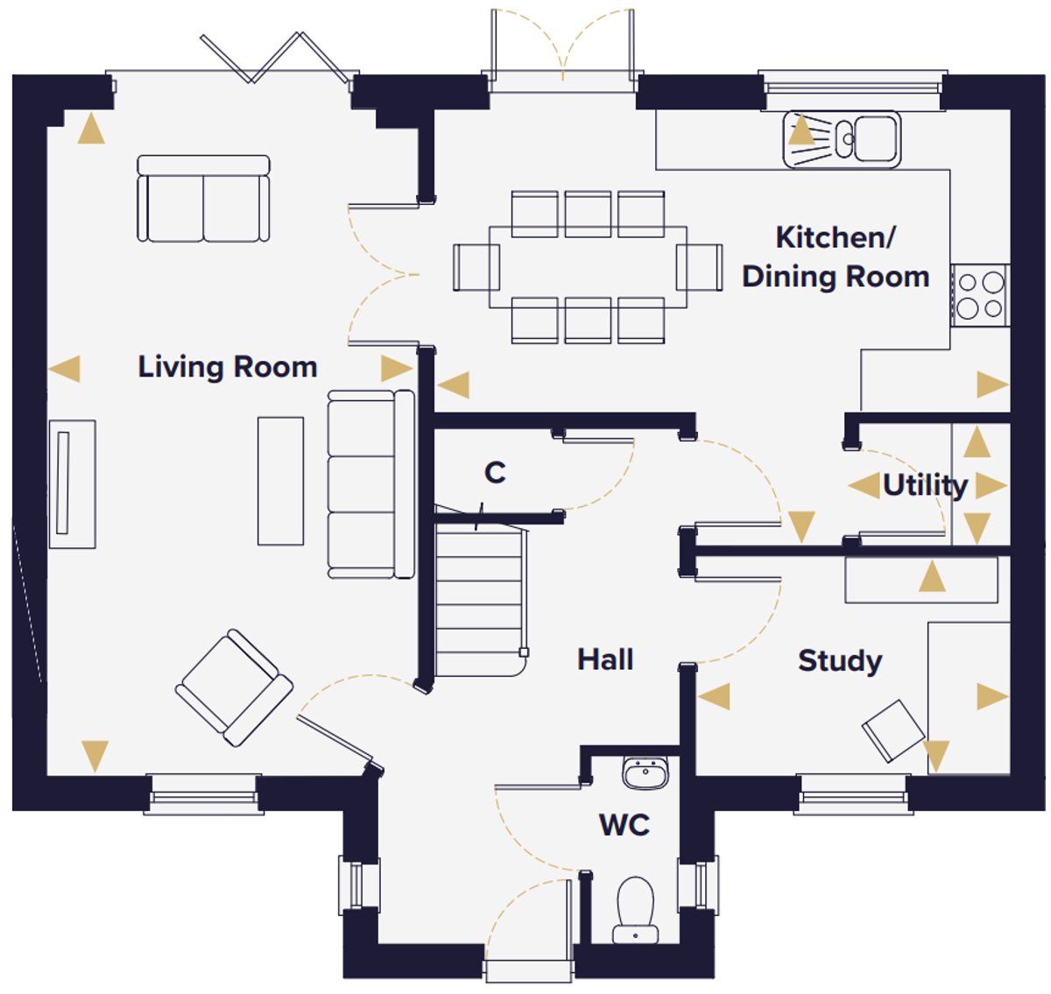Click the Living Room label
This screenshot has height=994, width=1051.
(x=228, y=368)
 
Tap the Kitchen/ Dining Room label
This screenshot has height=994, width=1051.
(x=836, y=257)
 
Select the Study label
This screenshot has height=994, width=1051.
(x=840, y=661)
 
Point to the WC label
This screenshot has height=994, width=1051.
(x=624, y=825)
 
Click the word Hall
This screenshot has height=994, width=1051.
(x=605, y=659)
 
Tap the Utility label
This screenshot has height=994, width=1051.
(x=925, y=486)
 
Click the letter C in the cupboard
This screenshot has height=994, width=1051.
(x=495, y=473)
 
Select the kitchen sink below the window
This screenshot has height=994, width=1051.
(x=842, y=139)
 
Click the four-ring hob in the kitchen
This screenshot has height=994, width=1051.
(x=980, y=295)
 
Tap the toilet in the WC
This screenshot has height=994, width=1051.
(x=635, y=910)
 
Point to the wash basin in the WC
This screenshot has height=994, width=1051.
(x=645, y=772)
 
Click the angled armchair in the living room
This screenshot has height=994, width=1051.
(x=234, y=688)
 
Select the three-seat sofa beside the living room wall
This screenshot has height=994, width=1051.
(x=371, y=484)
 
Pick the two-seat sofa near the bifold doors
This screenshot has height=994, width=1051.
(x=203, y=199)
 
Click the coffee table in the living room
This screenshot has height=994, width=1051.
(x=280, y=481)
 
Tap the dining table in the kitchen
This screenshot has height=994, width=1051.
(x=588, y=267)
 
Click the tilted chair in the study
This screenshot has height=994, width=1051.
(x=892, y=730)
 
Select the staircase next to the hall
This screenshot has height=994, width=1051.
(x=480, y=599)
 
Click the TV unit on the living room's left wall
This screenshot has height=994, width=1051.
(x=73, y=484)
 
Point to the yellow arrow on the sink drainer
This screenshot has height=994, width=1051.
(x=801, y=129)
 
